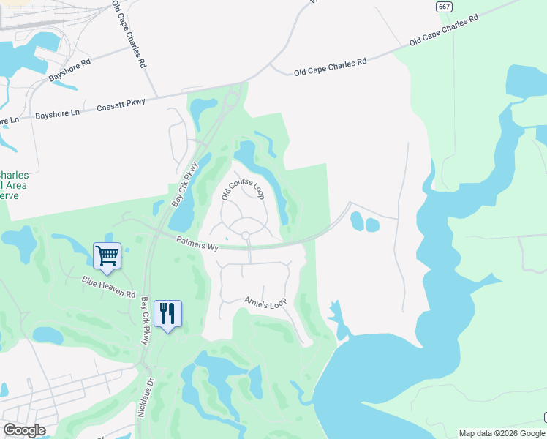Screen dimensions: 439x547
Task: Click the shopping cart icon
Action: click(107, 256)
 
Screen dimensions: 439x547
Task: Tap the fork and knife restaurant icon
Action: click(167, 314)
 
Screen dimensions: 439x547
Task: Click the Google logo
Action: click(24, 430)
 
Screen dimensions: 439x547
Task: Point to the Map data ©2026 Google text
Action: click(502, 433)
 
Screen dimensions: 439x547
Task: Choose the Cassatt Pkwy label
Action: click(121, 106)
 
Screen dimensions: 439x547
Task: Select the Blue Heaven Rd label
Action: click(109, 288)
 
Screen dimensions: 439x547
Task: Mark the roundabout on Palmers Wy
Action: click(246, 236)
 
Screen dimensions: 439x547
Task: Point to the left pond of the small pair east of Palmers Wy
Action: click(356, 219)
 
